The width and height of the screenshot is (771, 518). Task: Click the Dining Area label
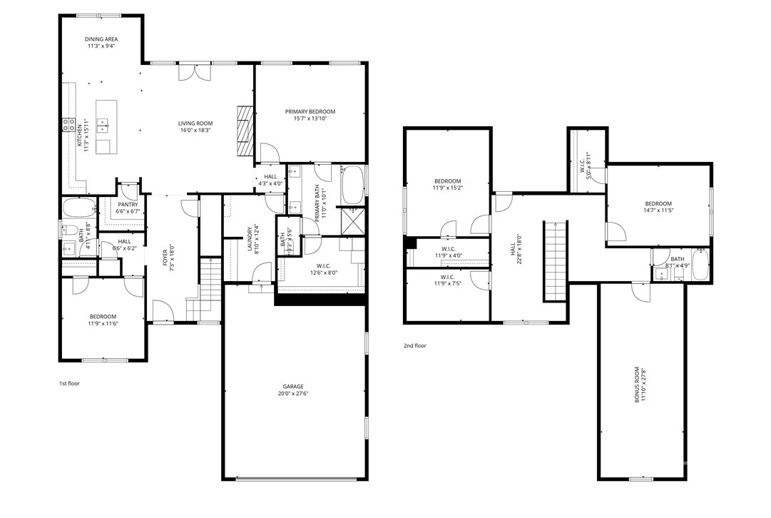[x=101, y=39]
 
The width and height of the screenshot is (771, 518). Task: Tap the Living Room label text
[x=195, y=123]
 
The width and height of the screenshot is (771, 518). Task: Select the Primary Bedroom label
[x=310, y=111]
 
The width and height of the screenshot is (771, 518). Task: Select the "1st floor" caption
[x=68, y=383]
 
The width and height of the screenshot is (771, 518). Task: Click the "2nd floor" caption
[x=414, y=346]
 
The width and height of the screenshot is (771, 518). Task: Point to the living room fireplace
[x=246, y=131]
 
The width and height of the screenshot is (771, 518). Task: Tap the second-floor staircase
[x=554, y=261]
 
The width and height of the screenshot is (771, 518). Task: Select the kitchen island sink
[x=103, y=126]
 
